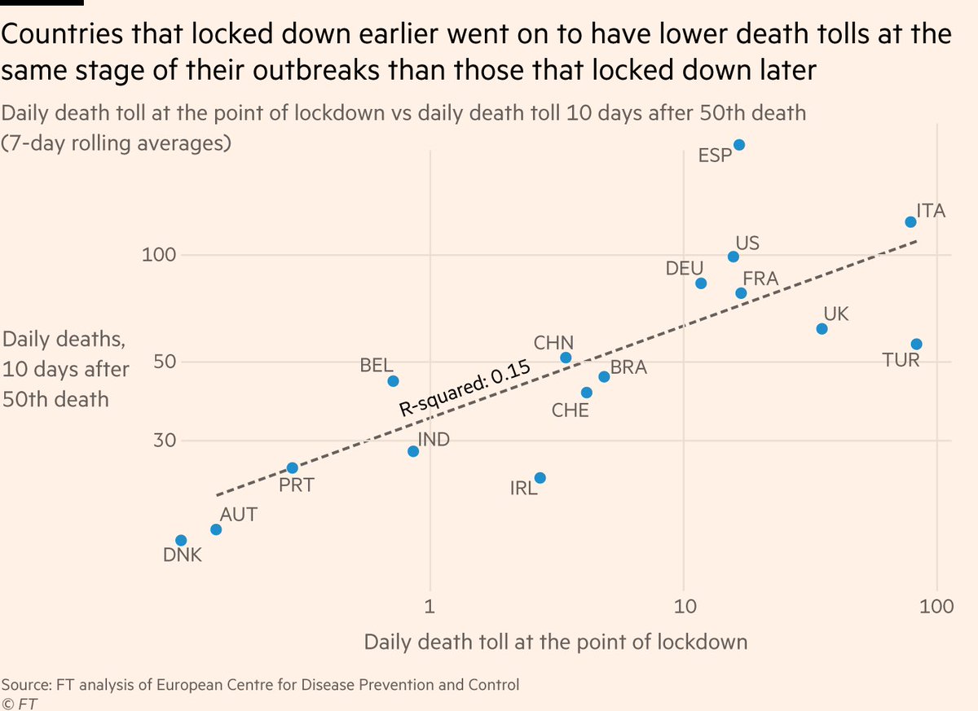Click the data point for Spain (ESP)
738,145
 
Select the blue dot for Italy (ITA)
910,222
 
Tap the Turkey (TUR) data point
916,345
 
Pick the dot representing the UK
822,329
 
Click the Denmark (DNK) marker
181,541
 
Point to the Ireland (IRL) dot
540,478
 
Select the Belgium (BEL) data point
393,381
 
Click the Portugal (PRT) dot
292,468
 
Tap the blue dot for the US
733,257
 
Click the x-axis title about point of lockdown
555,642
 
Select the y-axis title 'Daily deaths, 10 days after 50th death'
65,369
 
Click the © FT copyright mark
19,702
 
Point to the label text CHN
553,342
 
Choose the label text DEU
685,268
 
